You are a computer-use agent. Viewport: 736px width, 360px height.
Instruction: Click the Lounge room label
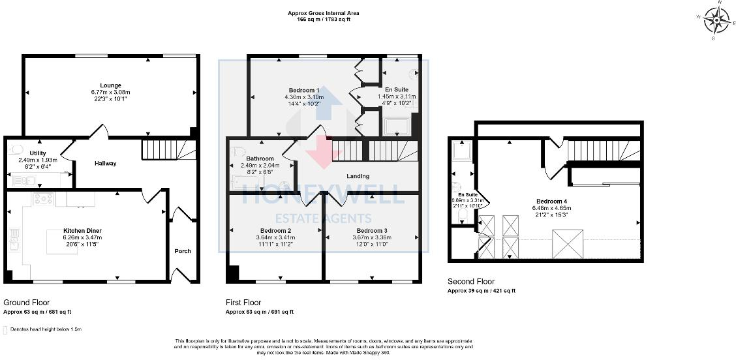(x=110, y=85)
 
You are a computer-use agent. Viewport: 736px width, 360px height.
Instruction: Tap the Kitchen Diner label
(x=82, y=231)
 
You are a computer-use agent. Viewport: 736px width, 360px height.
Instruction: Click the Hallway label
(x=105, y=163)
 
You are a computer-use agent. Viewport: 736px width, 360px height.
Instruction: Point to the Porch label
(x=183, y=251)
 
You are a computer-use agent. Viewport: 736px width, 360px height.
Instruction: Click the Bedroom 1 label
(x=304, y=90)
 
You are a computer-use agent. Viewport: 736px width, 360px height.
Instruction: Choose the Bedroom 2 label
(x=275, y=231)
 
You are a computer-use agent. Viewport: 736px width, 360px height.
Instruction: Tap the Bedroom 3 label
(x=371, y=231)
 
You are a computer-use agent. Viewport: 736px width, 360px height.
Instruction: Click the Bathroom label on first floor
(x=260, y=158)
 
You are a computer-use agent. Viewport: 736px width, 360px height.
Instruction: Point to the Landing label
(x=358, y=176)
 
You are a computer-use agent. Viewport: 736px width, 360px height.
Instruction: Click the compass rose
(x=716, y=21)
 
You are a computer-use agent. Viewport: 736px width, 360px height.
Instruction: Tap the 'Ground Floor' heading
(x=27, y=303)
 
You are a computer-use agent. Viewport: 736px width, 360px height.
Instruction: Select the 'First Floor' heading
(x=243, y=303)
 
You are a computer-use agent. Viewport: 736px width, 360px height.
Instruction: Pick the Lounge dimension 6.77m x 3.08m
(x=110, y=92)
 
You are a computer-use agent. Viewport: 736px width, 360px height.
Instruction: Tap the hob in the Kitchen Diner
(x=42, y=199)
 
